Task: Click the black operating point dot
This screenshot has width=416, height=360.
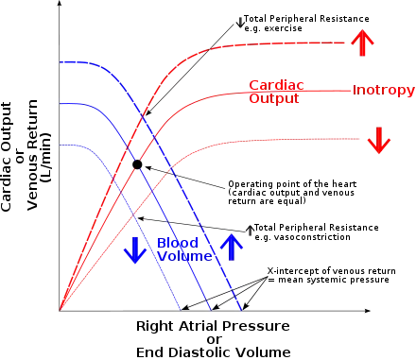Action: click(137, 164)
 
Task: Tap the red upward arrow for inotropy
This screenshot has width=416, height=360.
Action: click(362, 43)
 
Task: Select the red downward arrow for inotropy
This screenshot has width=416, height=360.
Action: click(379, 140)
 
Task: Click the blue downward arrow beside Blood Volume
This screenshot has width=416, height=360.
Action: click(135, 250)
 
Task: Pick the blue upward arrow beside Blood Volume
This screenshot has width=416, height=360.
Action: click(232, 247)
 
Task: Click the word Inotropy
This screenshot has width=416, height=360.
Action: click(384, 90)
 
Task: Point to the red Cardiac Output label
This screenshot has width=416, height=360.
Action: click(276, 92)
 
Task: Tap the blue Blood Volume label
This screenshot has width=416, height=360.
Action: click(184, 249)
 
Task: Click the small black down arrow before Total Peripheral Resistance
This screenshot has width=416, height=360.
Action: click(240, 22)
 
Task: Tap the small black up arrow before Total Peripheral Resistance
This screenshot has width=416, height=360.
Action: click(250, 231)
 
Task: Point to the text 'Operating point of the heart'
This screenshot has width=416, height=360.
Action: click(292, 184)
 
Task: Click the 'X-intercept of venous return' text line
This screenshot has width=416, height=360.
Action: click(332, 271)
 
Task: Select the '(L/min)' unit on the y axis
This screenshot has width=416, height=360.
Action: click(45, 158)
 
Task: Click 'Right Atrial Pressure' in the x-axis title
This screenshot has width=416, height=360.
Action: click(213, 326)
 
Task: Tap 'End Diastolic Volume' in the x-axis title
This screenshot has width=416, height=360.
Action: click(214, 352)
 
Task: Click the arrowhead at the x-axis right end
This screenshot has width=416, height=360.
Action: click(368, 311)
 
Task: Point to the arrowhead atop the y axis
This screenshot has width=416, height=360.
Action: click(59, 3)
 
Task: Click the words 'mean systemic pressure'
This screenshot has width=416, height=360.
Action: click(334, 280)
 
